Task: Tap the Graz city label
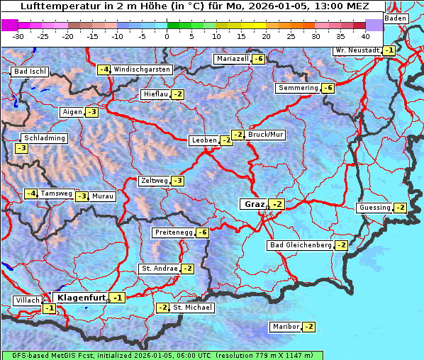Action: coord(254,204)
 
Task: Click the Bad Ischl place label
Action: coord(30,72)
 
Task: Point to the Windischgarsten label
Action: coord(142,69)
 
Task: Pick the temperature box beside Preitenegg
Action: coord(203,232)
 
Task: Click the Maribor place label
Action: coord(284,327)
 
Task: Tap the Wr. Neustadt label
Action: coord(357,50)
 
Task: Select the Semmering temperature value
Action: coord(327,88)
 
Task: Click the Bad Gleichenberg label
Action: coord(300,245)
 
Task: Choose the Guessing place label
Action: coord(375,208)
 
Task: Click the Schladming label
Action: coord(44,138)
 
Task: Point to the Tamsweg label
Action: coord(56,193)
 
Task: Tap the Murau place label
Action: coord(103,196)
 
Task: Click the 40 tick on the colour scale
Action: coord(365,35)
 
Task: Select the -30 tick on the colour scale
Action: coord(18,35)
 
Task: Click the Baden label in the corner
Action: coord(396,18)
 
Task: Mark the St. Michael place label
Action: coord(193,308)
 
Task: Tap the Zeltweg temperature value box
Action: coord(178,181)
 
